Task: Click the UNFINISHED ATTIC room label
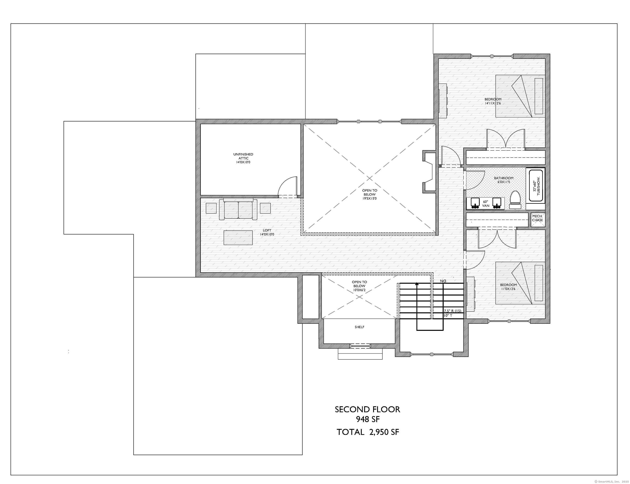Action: click(243, 158)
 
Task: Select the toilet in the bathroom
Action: click(515, 199)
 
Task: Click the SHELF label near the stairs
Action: click(359, 327)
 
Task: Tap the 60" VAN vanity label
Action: click(486, 204)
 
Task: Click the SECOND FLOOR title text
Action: click(367, 409)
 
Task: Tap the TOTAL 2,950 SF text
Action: click(368, 432)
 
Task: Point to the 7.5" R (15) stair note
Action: click(452, 311)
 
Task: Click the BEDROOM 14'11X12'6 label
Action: click(493, 101)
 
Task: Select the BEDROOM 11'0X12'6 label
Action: click(508, 287)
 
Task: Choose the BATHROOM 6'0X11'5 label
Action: click(503, 180)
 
